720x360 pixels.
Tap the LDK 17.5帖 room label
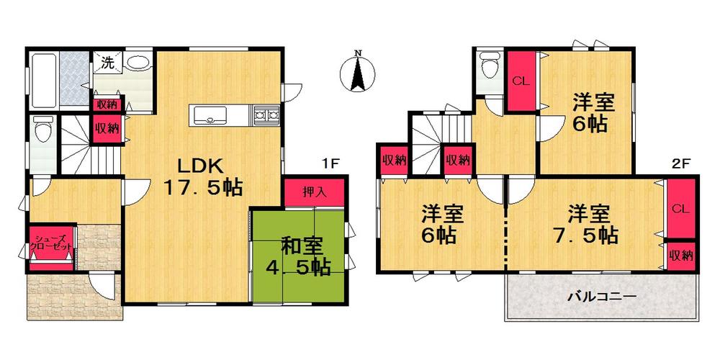coord(200,174)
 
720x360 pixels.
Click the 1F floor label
coord(330,163)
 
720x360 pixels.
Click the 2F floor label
coord(680,163)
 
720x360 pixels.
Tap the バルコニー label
coord(601,297)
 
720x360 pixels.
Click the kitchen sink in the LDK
coord(210,114)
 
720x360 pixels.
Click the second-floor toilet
coord(490,69)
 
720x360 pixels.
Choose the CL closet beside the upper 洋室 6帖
coord(521,81)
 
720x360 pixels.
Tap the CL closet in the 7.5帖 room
coord(680,210)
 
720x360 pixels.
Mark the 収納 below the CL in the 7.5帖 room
coord(680,255)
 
